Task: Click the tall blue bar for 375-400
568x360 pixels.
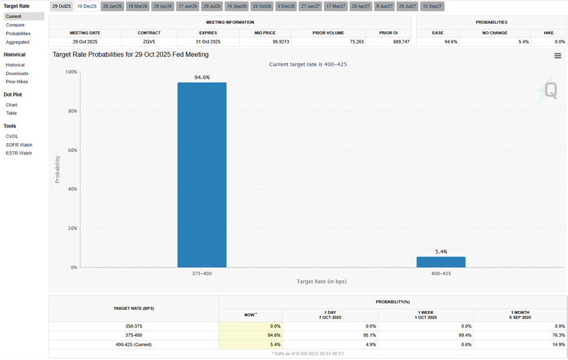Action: pyautogui.click(x=202, y=175)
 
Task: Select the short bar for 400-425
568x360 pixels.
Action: pyautogui.click(x=440, y=262)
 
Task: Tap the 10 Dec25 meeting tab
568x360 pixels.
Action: pyautogui.click(x=87, y=6)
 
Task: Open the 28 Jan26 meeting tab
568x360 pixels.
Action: pyautogui.click(x=112, y=6)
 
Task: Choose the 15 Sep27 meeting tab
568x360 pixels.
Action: pyautogui.click(x=432, y=6)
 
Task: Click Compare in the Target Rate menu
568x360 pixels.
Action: pyautogui.click(x=15, y=25)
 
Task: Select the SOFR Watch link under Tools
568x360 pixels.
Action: pyautogui.click(x=19, y=145)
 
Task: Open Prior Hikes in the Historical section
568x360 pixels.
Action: pyautogui.click(x=17, y=82)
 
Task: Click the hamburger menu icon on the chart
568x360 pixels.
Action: pyautogui.click(x=558, y=56)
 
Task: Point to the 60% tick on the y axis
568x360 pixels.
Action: pyautogui.click(x=71, y=150)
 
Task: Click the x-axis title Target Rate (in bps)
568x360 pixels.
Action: pyautogui.click(x=321, y=281)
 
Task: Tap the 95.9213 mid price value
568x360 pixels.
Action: pyautogui.click(x=265, y=42)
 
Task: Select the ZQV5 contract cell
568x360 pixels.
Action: pyautogui.click(x=149, y=42)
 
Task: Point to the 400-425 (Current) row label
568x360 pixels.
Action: pyautogui.click(x=133, y=344)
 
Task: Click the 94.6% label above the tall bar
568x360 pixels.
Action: pyautogui.click(x=202, y=77)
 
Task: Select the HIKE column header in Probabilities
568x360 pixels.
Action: pyautogui.click(x=548, y=33)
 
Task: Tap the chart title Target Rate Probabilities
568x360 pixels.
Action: pyautogui.click(x=130, y=55)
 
